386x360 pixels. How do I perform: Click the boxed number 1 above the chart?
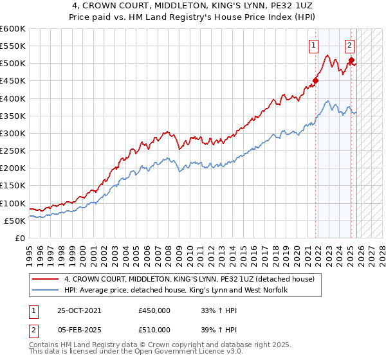[313, 45]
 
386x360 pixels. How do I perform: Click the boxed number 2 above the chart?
[349, 45]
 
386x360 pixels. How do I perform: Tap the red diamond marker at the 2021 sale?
[315, 81]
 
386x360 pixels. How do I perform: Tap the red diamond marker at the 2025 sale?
[351, 60]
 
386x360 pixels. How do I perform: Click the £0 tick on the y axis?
[19, 238]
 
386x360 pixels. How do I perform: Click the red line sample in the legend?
[46, 279]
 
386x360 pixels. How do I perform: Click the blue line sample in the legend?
[46, 291]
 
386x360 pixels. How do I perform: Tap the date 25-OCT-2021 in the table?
[79, 310]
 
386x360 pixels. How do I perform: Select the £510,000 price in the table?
[154, 330]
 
